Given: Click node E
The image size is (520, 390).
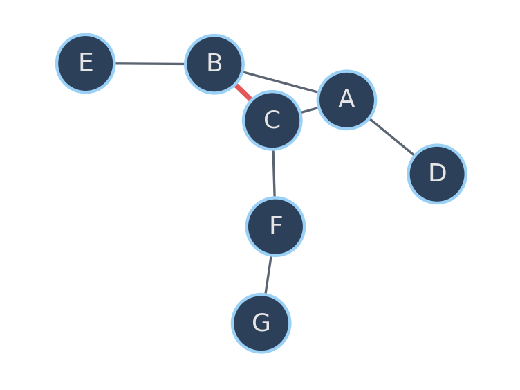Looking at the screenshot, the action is point(86,63).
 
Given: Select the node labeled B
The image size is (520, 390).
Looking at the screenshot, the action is point(214,64).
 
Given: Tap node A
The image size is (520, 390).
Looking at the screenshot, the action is point(346,100).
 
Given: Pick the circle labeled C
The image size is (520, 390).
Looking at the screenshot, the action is point(272,121).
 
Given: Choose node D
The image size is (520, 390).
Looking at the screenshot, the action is point(437,174).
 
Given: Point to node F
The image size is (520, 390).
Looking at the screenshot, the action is point(275,227).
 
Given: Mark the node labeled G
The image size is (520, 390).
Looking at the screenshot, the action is point(261,323).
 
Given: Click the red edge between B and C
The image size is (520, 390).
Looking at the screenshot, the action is point(243,92).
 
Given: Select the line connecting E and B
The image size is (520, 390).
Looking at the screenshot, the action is point(150,64).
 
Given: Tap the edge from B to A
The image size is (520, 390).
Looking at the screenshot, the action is point(281,82).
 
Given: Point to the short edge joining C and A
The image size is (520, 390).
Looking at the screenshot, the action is point(309,110).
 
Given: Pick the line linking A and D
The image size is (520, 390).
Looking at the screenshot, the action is point(392,137).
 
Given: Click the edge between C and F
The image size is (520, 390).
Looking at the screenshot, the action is point(274,173).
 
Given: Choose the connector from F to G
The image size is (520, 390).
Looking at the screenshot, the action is point(268,275).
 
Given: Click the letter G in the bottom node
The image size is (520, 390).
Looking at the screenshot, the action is point(261,322).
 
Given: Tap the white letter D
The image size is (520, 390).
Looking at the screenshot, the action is point(438,172).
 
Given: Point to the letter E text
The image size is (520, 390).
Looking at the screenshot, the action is point(86,62).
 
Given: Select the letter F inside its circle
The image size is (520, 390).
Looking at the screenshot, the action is point(276,225).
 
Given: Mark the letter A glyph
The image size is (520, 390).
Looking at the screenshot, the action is point(346,98).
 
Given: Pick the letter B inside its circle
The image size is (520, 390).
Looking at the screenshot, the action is point(214,63).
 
